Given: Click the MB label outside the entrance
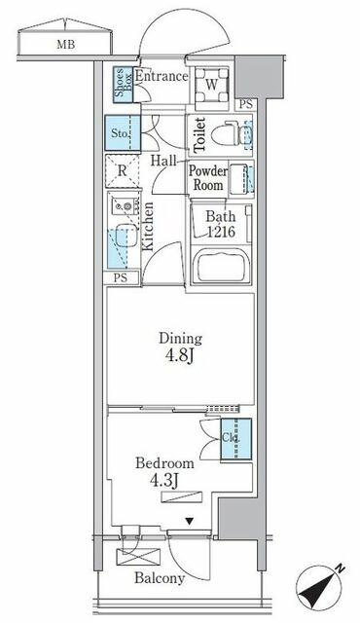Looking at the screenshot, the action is coord(66,44).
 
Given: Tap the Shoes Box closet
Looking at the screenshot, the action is coord(124,85).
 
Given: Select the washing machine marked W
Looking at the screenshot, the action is coord(212,85).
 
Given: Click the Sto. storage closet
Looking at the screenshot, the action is coord(123,132).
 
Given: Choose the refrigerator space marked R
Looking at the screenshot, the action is coord(123,171).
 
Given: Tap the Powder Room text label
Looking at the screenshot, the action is coord(208,178).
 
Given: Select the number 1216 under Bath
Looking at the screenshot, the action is coord(221,232).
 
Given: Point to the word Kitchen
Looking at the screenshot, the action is coord(148,226).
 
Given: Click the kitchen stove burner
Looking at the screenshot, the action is coord(127,205).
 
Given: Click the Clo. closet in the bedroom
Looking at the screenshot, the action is coord(236,439).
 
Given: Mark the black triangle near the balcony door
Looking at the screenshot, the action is coord(190,521).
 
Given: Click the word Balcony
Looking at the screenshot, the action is coord(160,577).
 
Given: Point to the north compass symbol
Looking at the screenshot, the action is coord(321,586).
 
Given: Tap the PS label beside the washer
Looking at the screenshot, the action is coord(246,105).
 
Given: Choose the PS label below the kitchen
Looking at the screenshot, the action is coord(121,277).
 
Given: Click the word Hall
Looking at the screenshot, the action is coord(163,161).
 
